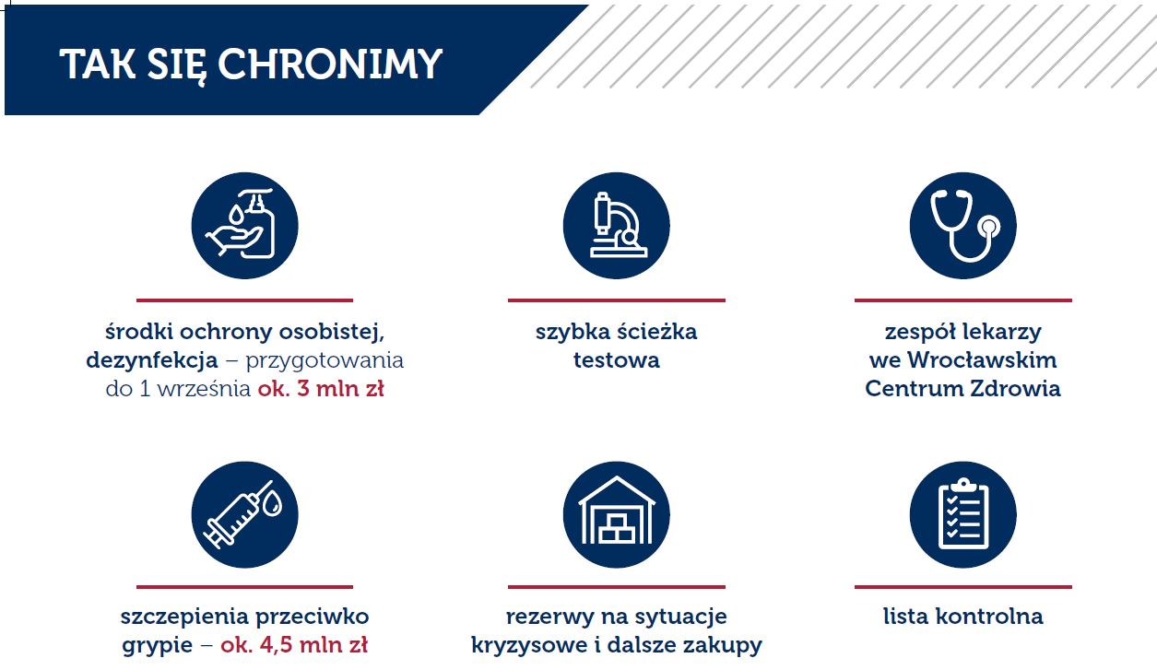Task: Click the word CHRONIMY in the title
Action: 330,64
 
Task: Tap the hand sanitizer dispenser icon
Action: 245,226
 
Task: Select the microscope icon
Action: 616,226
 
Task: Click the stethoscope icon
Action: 963,226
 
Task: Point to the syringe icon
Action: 245,514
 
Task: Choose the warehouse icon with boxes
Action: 616,514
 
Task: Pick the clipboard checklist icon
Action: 963,514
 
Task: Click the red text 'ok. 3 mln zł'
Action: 321,389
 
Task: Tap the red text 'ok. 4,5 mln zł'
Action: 294,645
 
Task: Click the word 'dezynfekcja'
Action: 152,360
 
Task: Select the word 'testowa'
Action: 616,360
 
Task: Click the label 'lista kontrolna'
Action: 963,617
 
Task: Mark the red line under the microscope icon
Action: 617,300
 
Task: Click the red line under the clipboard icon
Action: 963,587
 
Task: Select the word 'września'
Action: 204,389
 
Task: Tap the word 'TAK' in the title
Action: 98,64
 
